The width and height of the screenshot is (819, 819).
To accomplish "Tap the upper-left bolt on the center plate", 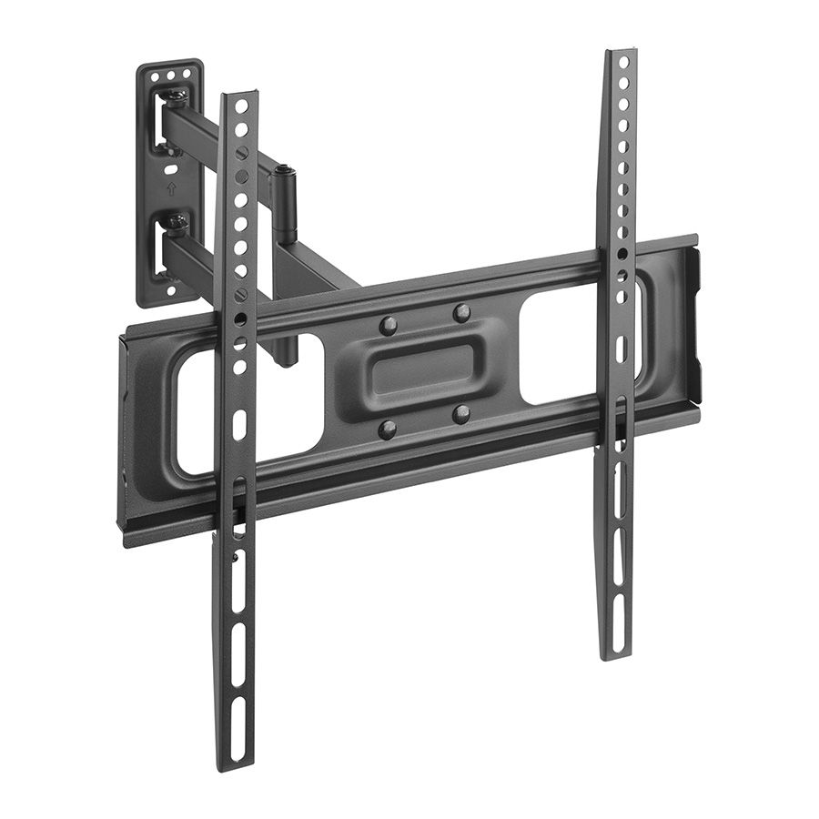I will (x=389, y=323).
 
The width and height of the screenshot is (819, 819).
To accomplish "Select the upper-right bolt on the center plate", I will (x=462, y=312).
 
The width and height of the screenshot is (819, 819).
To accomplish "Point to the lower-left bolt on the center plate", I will (x=388, y=428).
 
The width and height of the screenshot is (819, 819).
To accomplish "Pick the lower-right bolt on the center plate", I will (x=461, y=414).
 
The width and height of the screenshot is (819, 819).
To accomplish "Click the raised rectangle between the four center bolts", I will (x=425, y=369).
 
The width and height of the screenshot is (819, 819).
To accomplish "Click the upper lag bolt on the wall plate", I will (x=177, y=97).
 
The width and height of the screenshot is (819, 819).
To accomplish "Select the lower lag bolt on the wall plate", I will (x=177, y=220).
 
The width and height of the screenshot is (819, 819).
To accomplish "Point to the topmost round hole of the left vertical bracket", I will (x=241, y=106).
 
